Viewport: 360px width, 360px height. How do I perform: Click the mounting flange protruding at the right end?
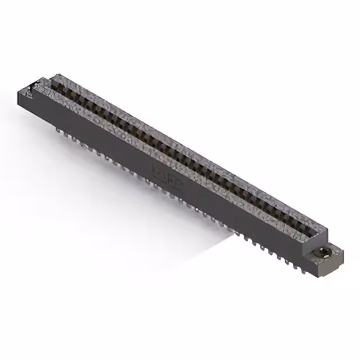click(x=326, y=256)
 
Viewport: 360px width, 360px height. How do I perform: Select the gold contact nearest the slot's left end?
click(x=61, y=88)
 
